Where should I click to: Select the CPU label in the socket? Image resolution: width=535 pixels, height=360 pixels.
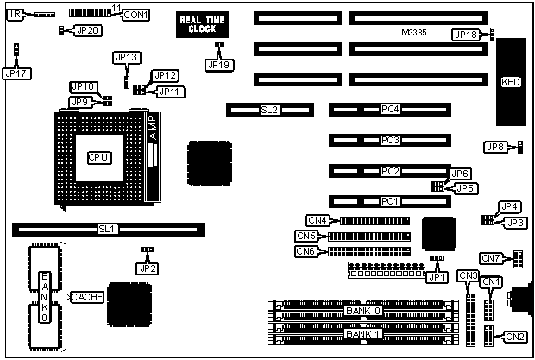pos(98,157)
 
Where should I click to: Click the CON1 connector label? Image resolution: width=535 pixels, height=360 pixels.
pos(135,15)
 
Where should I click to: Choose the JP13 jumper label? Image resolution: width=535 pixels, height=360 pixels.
pos(126,57)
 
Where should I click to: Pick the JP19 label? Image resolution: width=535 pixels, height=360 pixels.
pos(219,64)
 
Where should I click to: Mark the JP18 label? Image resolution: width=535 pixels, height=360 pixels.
pos(465,35)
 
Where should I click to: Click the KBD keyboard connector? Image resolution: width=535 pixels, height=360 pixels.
pos(511,82)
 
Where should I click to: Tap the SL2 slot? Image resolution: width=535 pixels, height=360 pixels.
pos(269,110)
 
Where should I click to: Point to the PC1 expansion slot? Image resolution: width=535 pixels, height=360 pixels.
pos(390,201)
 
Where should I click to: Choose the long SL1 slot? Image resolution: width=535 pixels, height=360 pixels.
pos(108,230)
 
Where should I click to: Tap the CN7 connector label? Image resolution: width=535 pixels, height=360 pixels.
pos(491,258)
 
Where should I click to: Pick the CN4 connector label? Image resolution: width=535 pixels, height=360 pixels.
pos(317,220)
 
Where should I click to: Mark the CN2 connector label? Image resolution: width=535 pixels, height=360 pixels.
pos(516,337)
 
